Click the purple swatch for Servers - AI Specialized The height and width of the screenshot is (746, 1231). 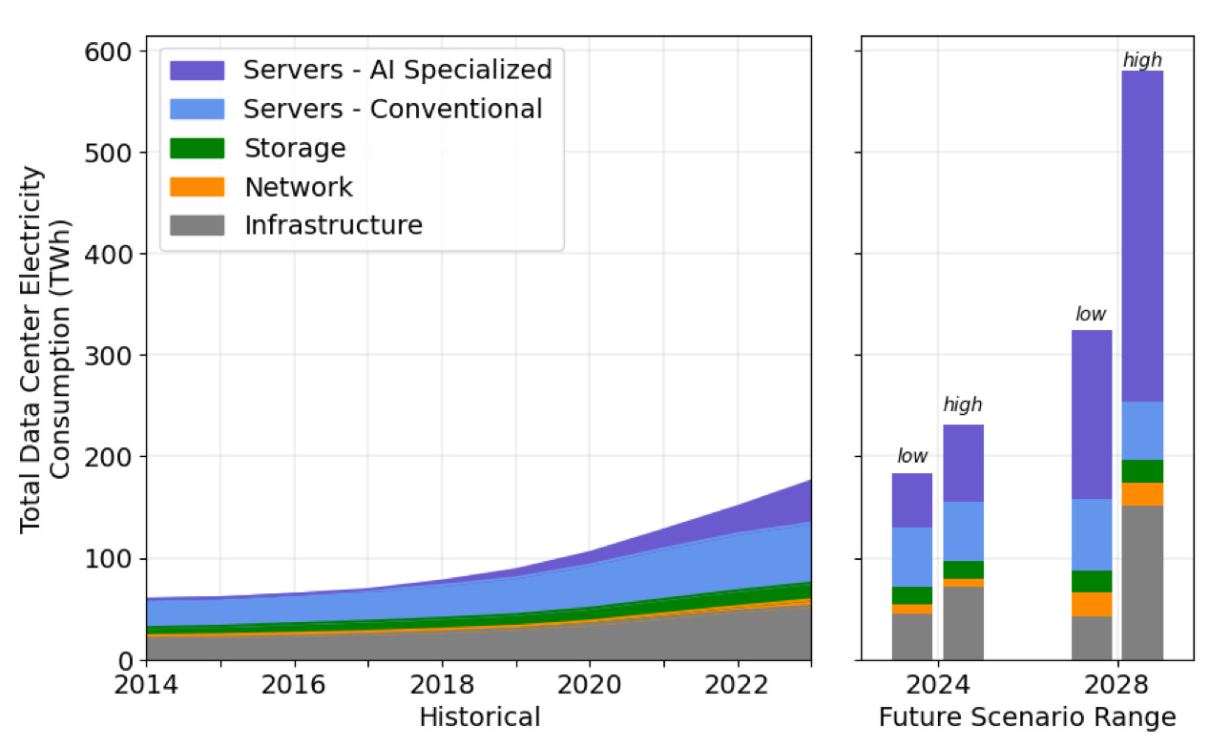tap(197, 71)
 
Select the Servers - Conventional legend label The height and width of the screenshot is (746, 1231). tap(392, 110)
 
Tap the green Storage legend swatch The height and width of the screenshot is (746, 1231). tap(197, 149)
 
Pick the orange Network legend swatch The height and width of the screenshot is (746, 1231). tap(197, 187)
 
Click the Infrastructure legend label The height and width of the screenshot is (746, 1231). tap(333, 226)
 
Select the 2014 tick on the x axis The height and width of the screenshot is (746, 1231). tap(146, 685)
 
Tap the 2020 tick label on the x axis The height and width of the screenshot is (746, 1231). tap(590, 685)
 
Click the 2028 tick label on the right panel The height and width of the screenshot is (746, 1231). tap(1117, 685)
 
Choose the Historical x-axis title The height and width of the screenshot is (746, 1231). tap(479, 717)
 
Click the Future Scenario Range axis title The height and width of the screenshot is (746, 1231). tap(1027, 717)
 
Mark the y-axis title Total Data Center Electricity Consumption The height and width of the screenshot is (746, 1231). tap(46, 349)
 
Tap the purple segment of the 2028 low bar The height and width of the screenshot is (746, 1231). tap(1092, 414)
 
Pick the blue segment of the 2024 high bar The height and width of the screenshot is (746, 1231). tap(963, 531)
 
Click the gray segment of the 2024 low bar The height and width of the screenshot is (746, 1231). tap(912, 636)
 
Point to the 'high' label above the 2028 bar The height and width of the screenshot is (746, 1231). tap(1141, 61)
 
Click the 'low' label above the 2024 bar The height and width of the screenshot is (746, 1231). tap(912, 456)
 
